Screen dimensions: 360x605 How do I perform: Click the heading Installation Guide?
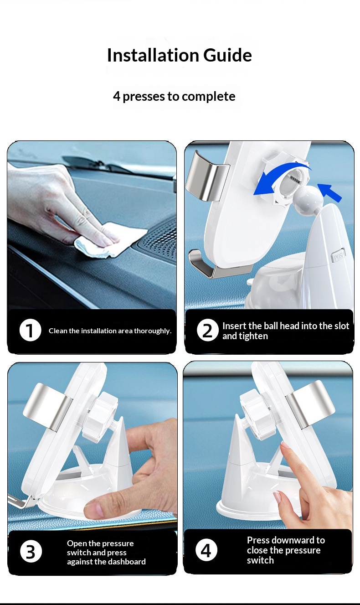point(180,55)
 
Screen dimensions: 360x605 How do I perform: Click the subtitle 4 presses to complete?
point(174,96)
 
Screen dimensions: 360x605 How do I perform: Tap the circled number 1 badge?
point(30,330)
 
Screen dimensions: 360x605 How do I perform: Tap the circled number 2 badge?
point(207,330)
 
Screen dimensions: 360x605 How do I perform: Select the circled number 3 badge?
point(31,552)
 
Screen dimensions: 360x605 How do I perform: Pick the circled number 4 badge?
point(206,550)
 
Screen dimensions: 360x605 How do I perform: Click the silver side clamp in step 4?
point(310,404)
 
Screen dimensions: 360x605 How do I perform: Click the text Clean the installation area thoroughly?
point(110,331)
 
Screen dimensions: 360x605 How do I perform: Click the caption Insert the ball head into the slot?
point(286,326)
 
